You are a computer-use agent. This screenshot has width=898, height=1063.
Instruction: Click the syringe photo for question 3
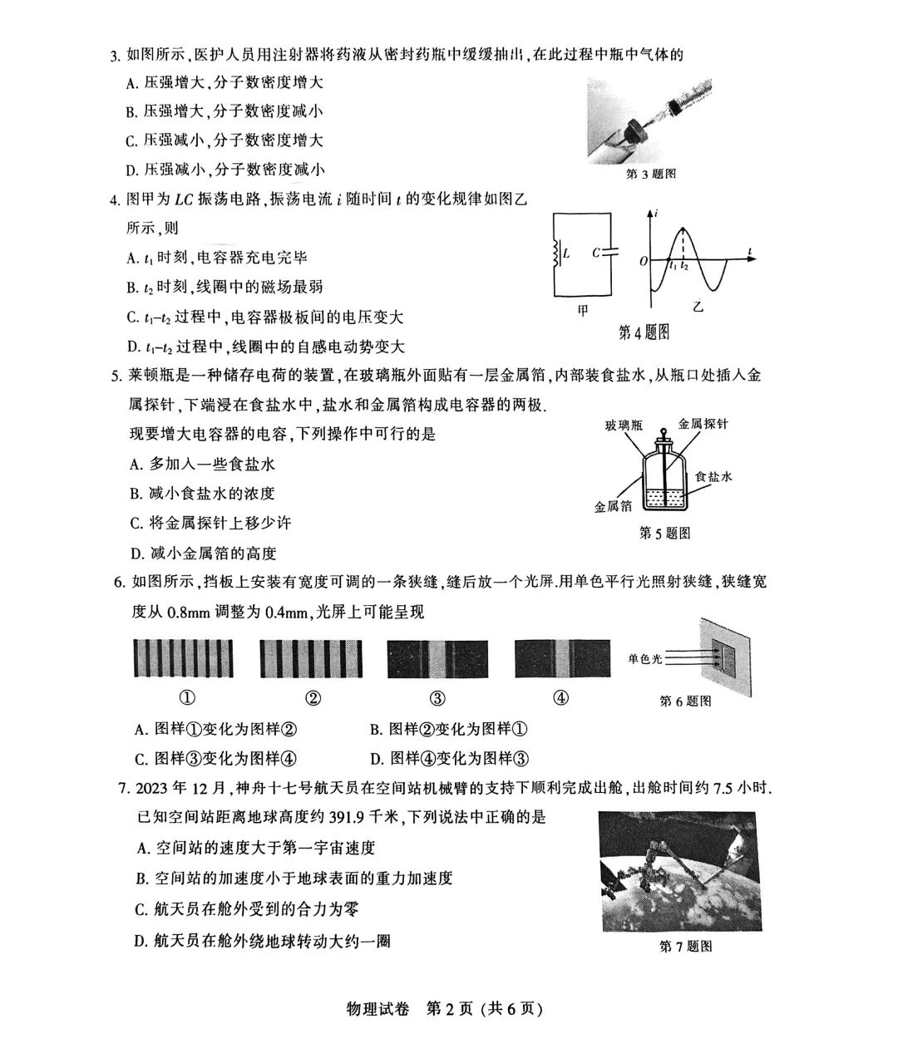(x=649, y=118)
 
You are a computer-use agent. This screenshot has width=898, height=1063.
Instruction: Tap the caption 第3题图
(x=650, y=174)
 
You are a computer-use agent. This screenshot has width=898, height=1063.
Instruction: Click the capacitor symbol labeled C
(x=612, y=253)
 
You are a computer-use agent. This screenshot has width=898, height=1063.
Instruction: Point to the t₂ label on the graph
(x=684, y=267)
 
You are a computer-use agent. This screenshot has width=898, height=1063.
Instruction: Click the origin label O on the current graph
(x=644, y=261)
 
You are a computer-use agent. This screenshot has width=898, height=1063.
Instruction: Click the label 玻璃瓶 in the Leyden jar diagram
(x=624, y=425)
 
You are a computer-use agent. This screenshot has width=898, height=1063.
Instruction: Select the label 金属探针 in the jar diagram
(x=703, y=423)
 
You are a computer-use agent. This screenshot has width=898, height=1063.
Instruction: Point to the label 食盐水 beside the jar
(x=713, y=477)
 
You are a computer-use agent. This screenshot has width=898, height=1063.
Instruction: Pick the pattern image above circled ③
(x=437, y=659)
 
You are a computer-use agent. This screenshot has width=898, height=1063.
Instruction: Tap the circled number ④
(x=561, y=698)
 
